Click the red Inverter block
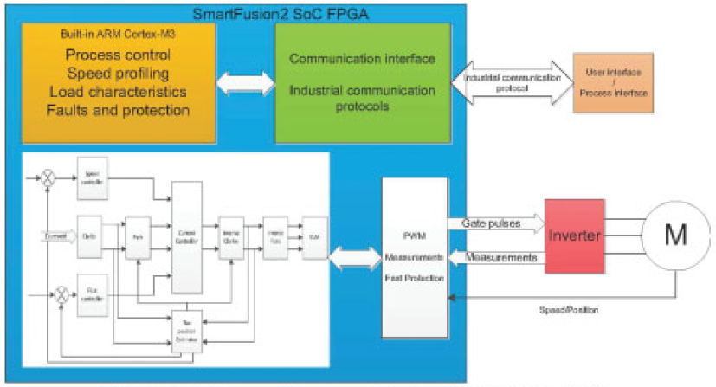(x=576, y=235)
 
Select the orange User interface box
(x=613, y=87)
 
